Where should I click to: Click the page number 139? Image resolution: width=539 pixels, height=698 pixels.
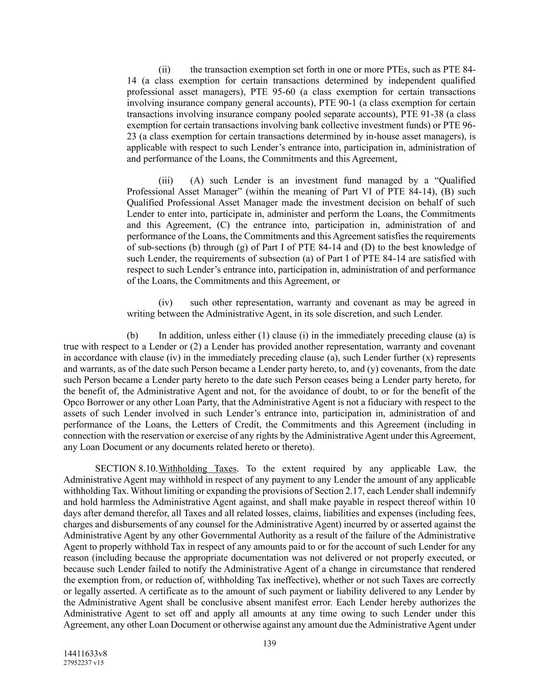269,643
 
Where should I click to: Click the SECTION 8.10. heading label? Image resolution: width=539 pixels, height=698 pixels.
126,468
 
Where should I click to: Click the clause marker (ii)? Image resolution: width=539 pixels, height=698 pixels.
164,70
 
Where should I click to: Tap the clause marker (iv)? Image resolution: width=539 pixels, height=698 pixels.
166,303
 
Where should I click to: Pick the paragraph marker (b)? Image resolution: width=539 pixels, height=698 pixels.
132,336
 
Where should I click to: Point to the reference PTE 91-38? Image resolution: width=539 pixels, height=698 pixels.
423,114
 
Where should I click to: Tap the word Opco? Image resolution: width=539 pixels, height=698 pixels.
75,402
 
